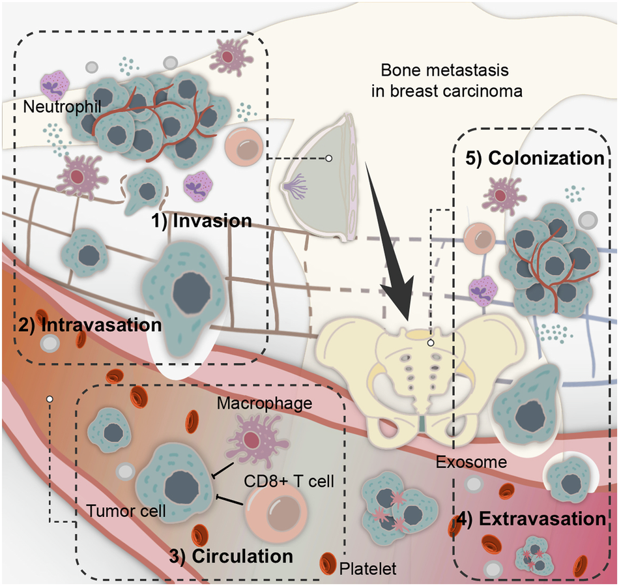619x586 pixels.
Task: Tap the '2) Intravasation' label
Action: tap(81, 325)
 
